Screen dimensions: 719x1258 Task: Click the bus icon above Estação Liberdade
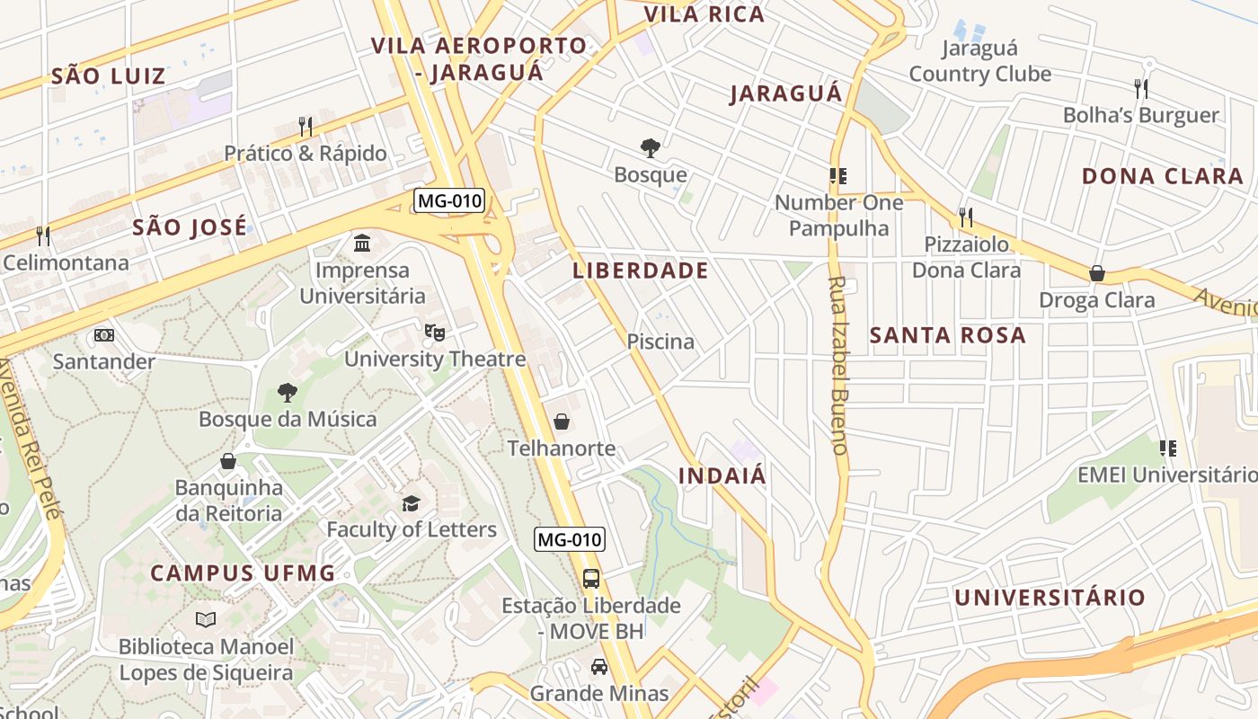point(591,579)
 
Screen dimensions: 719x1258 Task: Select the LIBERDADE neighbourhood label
point(641,271)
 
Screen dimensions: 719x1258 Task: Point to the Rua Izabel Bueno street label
point(838,365)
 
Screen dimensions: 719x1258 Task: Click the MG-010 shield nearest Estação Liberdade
point(570,539)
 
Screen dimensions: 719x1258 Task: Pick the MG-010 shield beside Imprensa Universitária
point(449,200)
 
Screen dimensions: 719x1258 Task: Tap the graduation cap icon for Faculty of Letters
point(412,503)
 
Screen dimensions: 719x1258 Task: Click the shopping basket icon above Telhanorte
point(562,422)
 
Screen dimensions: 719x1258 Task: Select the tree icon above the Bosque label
point(650,148)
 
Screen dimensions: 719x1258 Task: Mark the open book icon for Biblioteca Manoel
point(206,619)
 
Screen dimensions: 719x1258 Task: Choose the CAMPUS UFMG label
point(243,573)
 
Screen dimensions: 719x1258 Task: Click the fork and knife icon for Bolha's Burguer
point(1141,88)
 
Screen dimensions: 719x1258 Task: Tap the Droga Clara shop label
point(1097,300)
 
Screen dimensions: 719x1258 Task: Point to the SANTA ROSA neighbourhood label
point(948,335)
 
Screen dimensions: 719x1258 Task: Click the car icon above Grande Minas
point(598,667)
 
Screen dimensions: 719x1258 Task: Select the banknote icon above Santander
point(104,335)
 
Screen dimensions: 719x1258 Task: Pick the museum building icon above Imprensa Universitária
point(362,243)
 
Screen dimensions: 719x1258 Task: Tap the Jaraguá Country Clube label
point(979,61)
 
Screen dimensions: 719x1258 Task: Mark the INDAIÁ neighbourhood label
point(722,475)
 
